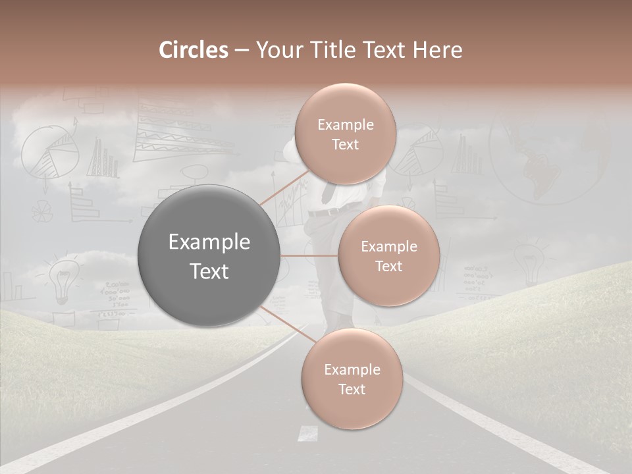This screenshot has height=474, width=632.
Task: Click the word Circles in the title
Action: pyautogui.click(x=194, y=50)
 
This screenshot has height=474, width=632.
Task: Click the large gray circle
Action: pyautogui.click(x=209, y=255)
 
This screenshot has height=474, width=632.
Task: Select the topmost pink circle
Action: pyautogui.click(x=344, y=134)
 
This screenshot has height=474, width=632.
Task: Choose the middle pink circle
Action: pyautogui.click(x=388, y=255)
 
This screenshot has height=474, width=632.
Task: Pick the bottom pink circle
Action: pyautogui.click(x=352, y=379)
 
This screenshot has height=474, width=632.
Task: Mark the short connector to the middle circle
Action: pyautogui.click(x=309, y=255)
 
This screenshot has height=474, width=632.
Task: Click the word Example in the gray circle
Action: pyautogui.click(x=209, y=242)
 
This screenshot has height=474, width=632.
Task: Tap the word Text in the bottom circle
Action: pyautogui.click(x=352, y=390)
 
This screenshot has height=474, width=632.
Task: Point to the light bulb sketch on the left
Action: pyautogui.click(x=63, y=278)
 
